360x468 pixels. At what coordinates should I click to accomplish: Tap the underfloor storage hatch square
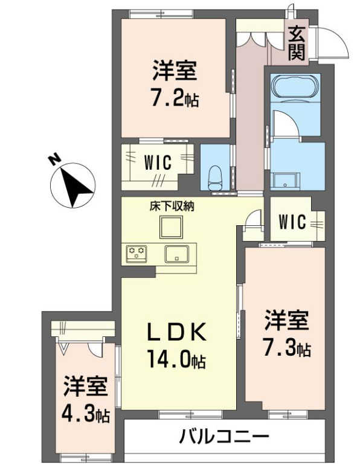[172, 227]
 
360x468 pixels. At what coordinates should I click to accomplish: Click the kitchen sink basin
[178, 254]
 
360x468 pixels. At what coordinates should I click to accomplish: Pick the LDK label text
[178, 333]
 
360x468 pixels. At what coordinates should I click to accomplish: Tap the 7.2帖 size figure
[175, 97]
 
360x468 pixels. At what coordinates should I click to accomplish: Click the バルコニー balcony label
[223, 436]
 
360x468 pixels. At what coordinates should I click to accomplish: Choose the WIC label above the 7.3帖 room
[292, 221]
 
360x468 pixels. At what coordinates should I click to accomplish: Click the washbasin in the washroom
[283, 181]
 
